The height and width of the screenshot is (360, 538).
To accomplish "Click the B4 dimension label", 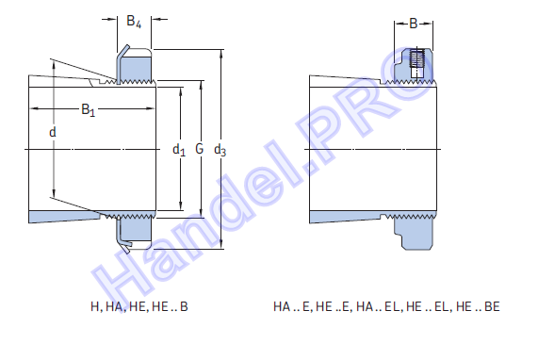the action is [x=134, y=22].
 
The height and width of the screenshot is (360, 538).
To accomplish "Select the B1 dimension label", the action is [x=89, y=110].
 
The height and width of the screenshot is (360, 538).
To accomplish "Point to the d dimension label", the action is [x=53, y=132].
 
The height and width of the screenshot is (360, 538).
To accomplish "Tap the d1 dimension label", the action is [x=179, y=150].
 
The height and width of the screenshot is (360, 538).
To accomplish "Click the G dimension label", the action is [x=200, y=149].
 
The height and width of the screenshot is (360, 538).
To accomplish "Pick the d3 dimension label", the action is [x=220, y=150].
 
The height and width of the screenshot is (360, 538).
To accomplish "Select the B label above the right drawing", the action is [x=414, y=24].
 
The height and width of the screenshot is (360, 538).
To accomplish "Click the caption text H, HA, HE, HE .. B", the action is [x=139, y=306].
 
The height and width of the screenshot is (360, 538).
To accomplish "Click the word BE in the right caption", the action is [x=492, y=306].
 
